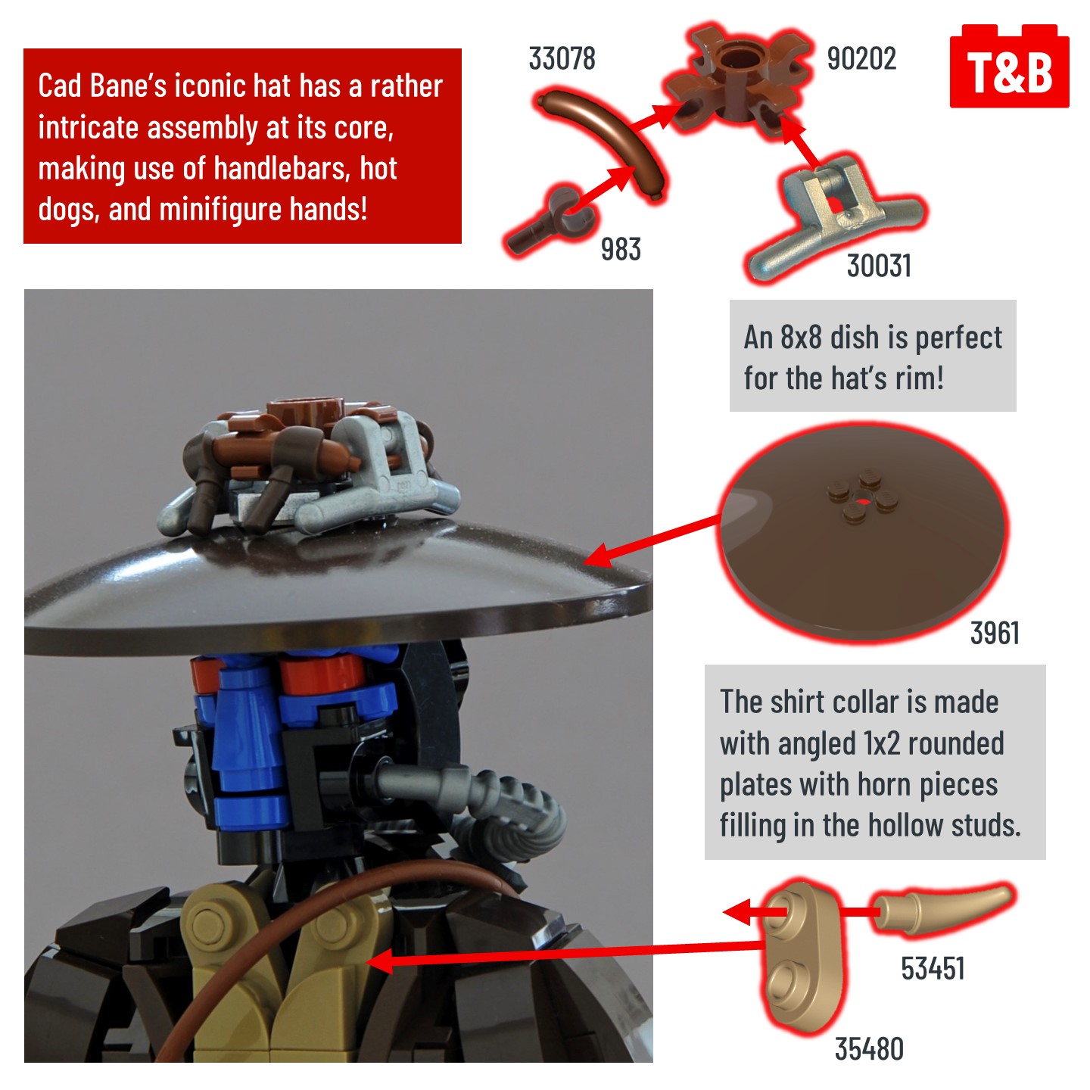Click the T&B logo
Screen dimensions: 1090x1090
[x=1009, y=66]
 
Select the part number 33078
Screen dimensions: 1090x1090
[x=562, y=59]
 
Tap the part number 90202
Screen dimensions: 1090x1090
[x=861, y=59]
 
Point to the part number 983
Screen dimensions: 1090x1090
[x=621, y=249]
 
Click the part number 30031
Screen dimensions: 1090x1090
[x=879, y=266]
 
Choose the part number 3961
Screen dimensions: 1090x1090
[x=995, y=633]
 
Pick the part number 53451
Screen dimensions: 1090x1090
[x=933, y=968]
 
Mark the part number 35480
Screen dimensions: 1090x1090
[x=869, y=1048]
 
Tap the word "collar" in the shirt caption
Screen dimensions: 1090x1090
[x=856, y=702]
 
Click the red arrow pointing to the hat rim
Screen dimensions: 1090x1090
[x=652, y=539]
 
